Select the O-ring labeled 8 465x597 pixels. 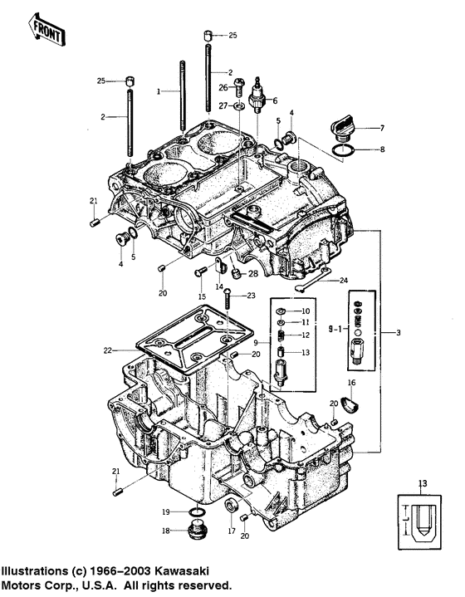[x=344, y=150]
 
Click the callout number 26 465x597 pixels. [x=223, y=87]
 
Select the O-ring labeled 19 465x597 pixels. [x=198, y=512]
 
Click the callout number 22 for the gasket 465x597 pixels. [x=108, y=350]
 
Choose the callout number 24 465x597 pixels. [x=344, y=281]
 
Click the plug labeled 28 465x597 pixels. [x=237, y=273]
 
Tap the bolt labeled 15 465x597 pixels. [x=200, y=272]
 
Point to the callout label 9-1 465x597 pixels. [x=336, y=329]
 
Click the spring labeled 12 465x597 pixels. [x=280, y=335]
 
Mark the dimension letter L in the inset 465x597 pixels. [x=407, y=519]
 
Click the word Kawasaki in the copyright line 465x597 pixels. [x=182, y=571]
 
